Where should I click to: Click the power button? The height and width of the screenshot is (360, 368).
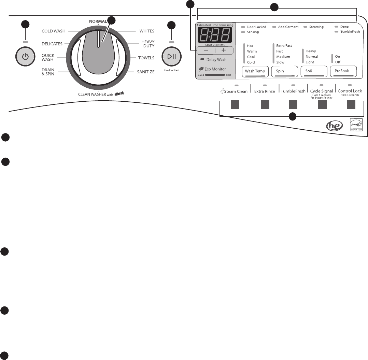click(x=25, y=56)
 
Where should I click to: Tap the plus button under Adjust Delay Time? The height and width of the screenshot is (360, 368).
click(x=224, y=50)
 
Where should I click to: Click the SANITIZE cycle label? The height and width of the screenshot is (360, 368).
click(x=146, y=72)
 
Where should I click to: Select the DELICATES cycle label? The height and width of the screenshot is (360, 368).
click(x=52, y=44)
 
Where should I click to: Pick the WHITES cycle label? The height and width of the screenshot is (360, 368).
click(x=147, y=31)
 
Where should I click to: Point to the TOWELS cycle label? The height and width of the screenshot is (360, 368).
click(x=146, y=58)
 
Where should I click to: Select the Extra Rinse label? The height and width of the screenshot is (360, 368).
click(x=265, y=91)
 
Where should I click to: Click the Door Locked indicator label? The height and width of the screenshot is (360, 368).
click(x=256, y=27)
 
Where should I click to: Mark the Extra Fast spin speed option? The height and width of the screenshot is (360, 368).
click(x=284, y=46)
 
